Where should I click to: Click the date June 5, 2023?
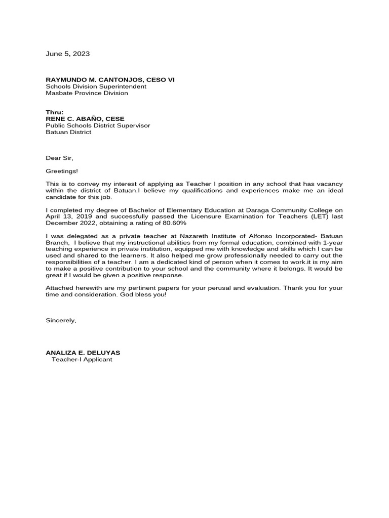pos(68,54)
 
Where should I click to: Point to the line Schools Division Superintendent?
pos(96,87)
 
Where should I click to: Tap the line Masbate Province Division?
pos(87,93)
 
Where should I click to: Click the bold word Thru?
pos(55,112)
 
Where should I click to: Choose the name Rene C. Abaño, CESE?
pos(85,119)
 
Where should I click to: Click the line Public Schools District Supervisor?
pos(98,125)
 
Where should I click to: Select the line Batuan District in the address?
pos(68,132)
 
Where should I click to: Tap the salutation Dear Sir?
pos(60,158)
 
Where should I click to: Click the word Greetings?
pos(62,171)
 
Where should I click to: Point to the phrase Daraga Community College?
pos(291,210)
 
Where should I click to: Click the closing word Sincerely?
pos(61,320)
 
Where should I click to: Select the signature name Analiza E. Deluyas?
pos(83,353)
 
